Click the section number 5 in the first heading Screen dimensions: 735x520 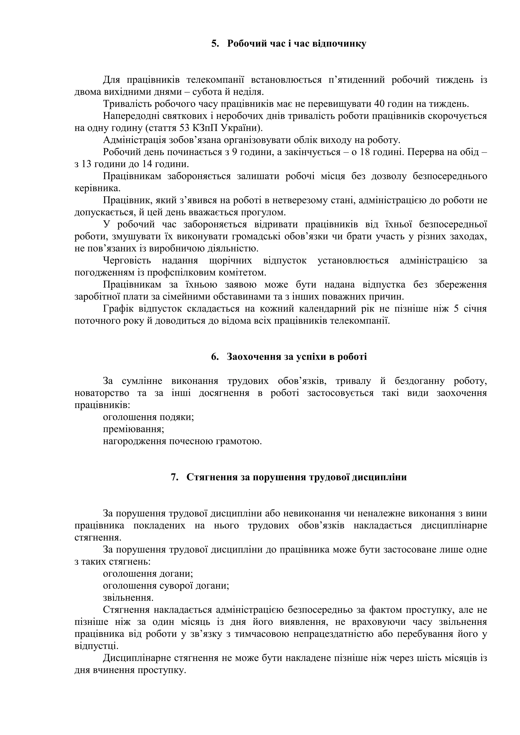214,44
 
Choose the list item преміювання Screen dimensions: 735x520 133,429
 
